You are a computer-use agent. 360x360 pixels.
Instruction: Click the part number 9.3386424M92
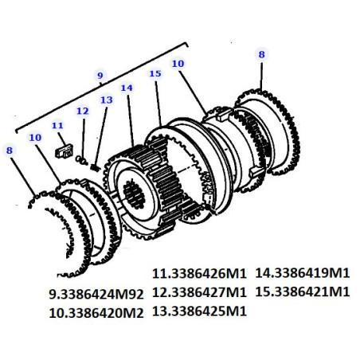tap(96, 294)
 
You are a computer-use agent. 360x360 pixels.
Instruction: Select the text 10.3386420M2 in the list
tap(96, 313)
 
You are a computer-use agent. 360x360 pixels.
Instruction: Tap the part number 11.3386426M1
tap(199, 274)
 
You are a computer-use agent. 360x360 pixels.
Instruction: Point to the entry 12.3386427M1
tap(199, 292)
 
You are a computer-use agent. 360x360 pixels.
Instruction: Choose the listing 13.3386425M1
tap(199, 311)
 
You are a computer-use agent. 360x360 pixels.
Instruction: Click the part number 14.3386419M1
tap(303, 273)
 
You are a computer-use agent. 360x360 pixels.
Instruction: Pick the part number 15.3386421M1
tap(303, 292)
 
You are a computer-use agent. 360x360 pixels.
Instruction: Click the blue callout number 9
tap(100, 76)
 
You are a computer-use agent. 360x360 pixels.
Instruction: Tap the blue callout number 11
tap(57, 125)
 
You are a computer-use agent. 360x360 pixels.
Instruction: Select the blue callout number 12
tap(83, 111)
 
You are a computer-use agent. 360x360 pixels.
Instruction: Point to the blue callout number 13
tap(107, 100)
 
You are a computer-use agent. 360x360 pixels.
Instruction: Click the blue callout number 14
tap(127, 88)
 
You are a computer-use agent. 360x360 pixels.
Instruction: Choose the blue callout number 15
tap(155, 73)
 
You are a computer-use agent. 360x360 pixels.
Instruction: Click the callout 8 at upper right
tap(262, 54)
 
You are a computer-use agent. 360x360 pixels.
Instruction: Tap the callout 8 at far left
tap(10, 151)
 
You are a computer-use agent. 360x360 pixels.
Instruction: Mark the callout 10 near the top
tap(178, 64)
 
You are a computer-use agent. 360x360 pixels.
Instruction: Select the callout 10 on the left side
tap(35, 138)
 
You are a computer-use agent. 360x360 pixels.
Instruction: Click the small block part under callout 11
tap(64, 151)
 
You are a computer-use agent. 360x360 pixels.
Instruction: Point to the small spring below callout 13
tap(95, 167)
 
